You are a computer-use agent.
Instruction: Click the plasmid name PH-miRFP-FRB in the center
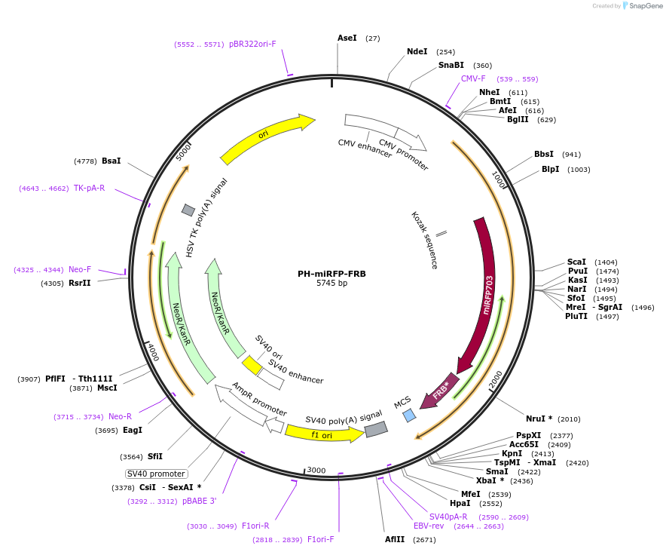coord(331,274)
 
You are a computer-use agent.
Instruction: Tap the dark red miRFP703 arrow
coord(486,294)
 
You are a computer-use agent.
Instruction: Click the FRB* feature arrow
coord(441,391)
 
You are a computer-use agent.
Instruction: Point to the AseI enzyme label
coord(347,38)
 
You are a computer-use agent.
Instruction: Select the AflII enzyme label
coord(395,539)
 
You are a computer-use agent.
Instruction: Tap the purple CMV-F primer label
coord(473,78)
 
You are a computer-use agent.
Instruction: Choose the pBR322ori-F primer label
coord(252,44)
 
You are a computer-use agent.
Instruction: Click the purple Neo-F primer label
coord(80,269)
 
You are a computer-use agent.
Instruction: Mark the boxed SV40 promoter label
coord(155,474)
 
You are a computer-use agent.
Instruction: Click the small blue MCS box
coord(409,416)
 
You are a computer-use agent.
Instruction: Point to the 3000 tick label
coord(316,471)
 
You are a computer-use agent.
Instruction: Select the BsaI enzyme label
coord(112,161)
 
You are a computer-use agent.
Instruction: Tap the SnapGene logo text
coord(643,6)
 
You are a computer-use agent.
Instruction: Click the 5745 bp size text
coord(331,284)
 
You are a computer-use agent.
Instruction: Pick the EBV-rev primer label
coord(429,526)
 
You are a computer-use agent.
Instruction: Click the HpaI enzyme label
coord(460,503)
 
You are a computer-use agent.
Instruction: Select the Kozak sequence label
coord(424,240)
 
